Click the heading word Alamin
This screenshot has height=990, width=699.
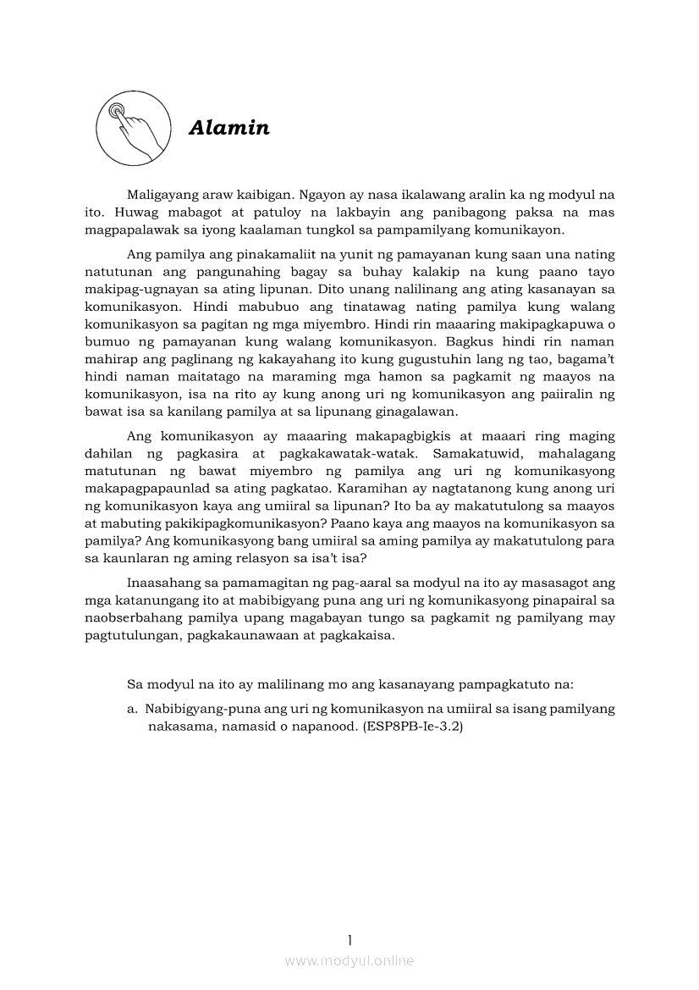229,128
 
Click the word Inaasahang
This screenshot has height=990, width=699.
167,583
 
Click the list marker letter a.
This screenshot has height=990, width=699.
130,708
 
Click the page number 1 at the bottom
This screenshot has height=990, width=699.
349,939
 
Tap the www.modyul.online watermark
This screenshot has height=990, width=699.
349,961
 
